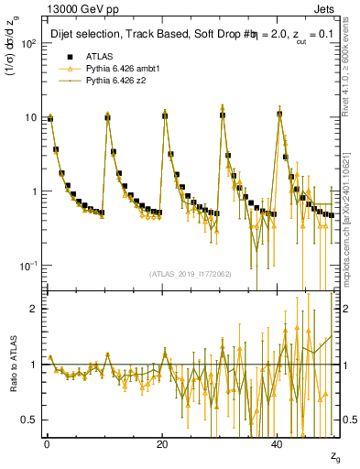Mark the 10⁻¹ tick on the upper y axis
29,266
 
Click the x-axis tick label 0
46,443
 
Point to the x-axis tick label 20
162,443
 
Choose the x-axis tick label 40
278,443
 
